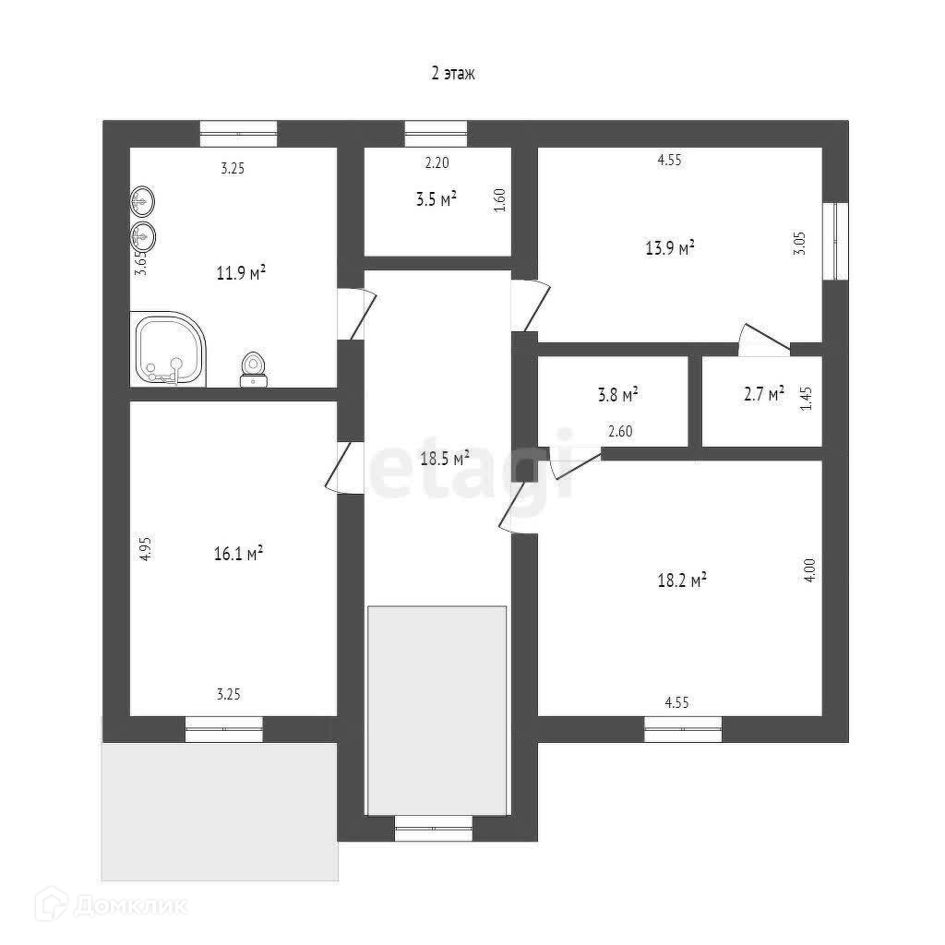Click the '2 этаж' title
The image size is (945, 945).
(x=452, y=75)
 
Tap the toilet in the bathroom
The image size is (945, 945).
(x=253, y=369)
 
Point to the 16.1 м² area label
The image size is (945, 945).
(x=238, y=553)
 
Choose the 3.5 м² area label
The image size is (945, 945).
(x=437, y=199)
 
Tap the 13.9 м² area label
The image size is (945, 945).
(x=669, y=247)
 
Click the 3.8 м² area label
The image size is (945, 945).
(x=617, y=395)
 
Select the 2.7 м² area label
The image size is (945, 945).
(x=763, y=394)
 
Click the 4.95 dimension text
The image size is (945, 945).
(x=145, y=549)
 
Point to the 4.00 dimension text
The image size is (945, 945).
(x=808, y=566)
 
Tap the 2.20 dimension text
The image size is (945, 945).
(x=437, y=164)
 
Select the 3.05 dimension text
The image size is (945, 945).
(x=801, y=244)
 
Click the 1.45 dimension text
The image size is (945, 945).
(x=806, y=399)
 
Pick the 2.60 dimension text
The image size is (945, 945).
(x=620, y=430)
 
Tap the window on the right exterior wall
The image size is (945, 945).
(x=838, y=240)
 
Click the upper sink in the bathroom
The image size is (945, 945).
(x=143, y=199)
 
